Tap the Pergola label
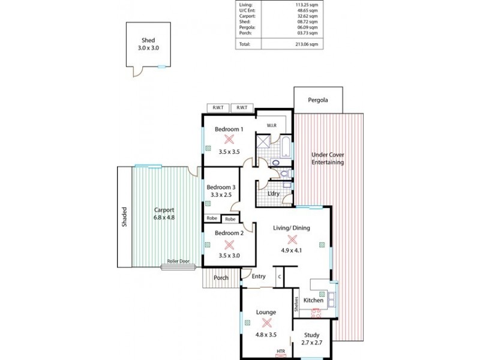click(318, 101)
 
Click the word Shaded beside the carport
click(125, 217)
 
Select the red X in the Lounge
click(266, 323)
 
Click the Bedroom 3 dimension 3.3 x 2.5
click(221, 195)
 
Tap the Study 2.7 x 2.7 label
click(311, 339)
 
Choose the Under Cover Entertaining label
click(327, 158)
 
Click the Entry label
click(259, 277)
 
